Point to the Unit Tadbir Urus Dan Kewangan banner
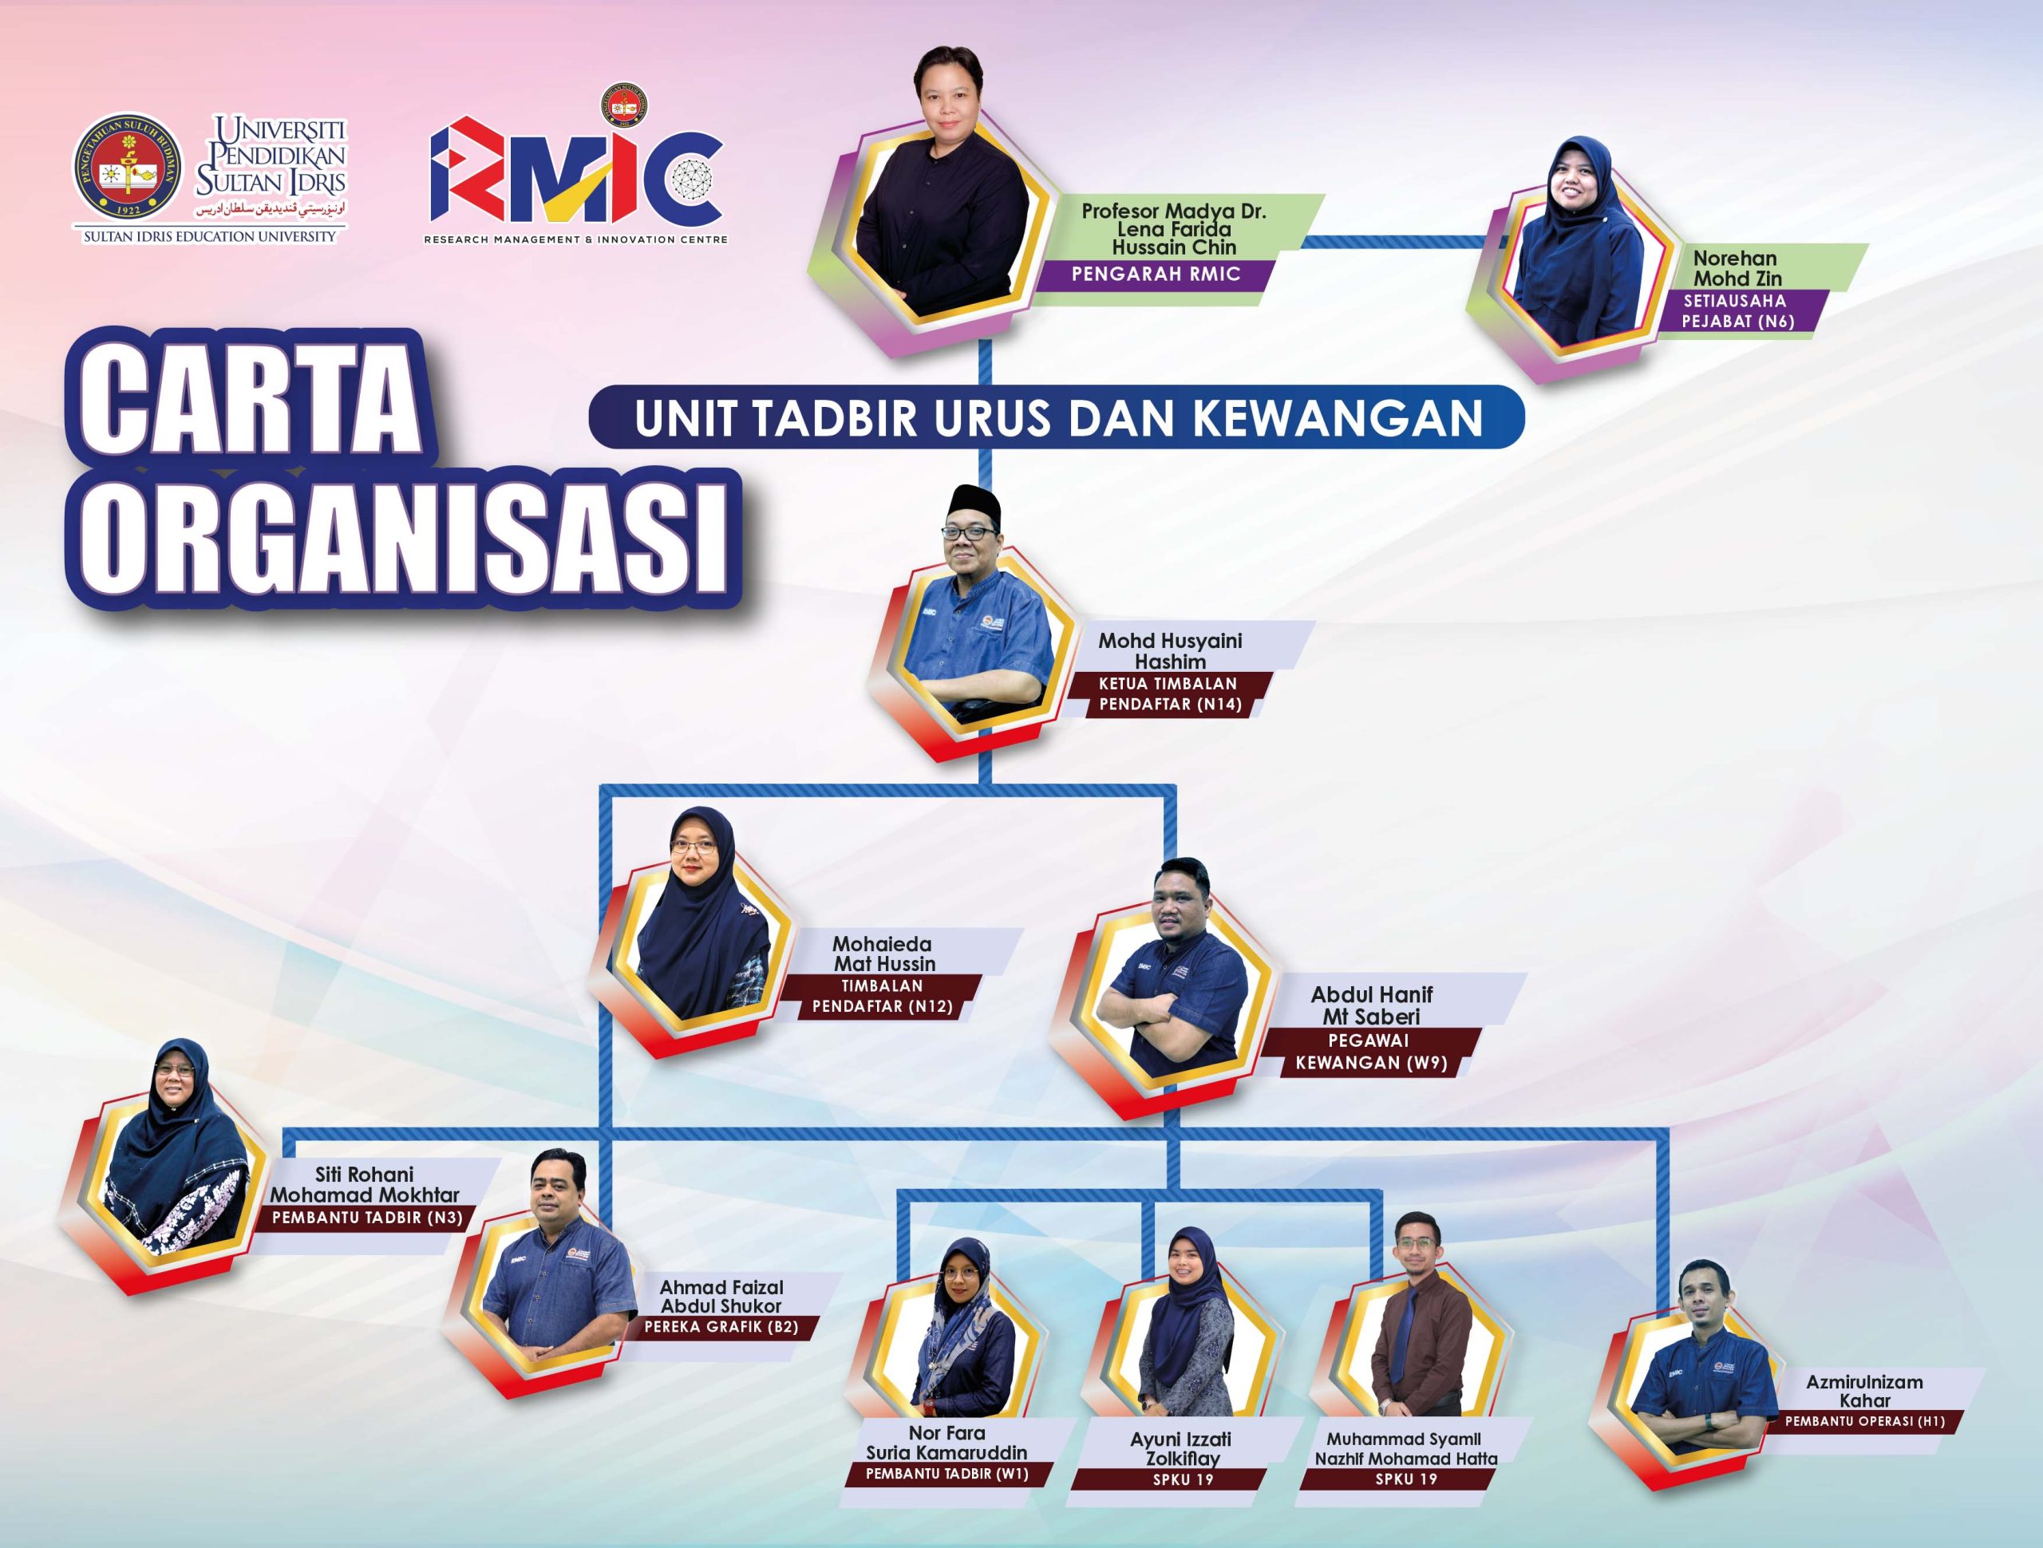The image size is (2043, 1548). [1057, 417]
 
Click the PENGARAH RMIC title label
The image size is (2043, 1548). [1155, 274]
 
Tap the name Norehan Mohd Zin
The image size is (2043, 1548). [1737, 268]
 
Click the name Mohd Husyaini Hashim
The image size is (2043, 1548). [1169, 651]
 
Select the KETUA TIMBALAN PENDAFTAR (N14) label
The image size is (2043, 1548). [1168, 694]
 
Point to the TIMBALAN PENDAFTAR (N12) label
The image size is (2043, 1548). [881, 997]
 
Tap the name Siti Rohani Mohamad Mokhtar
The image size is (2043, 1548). [364, 1184]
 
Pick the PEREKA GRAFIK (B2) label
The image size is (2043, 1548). [721, 1327]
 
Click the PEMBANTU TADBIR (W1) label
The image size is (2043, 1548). [946, 1473]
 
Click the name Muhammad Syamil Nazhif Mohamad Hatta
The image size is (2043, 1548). [1405, 1448]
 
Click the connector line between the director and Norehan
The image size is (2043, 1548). [1399, 242]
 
